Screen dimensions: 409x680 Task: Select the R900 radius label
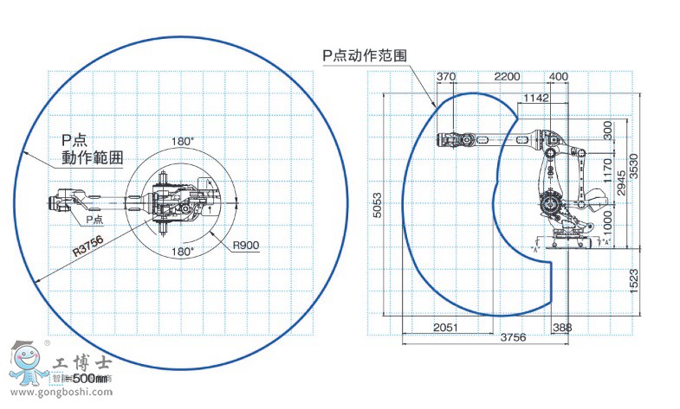coord(246,246)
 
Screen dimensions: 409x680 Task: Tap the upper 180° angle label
coord(182,140)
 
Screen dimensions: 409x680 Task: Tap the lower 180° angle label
coord(182,251)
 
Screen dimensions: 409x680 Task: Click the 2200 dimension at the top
coord(507,77)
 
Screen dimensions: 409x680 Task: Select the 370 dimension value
coord(446,77)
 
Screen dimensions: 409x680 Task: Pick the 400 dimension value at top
coord(559,77)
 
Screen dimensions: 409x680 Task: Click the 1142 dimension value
coord(536,99)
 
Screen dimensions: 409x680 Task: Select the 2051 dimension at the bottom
coord(445,327)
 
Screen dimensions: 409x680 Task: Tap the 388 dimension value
coord(562,327)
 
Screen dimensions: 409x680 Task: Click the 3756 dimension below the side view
coord(513,338)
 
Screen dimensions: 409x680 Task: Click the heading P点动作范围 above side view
coord(365,54)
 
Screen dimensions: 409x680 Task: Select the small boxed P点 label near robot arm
coord(95,220)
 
